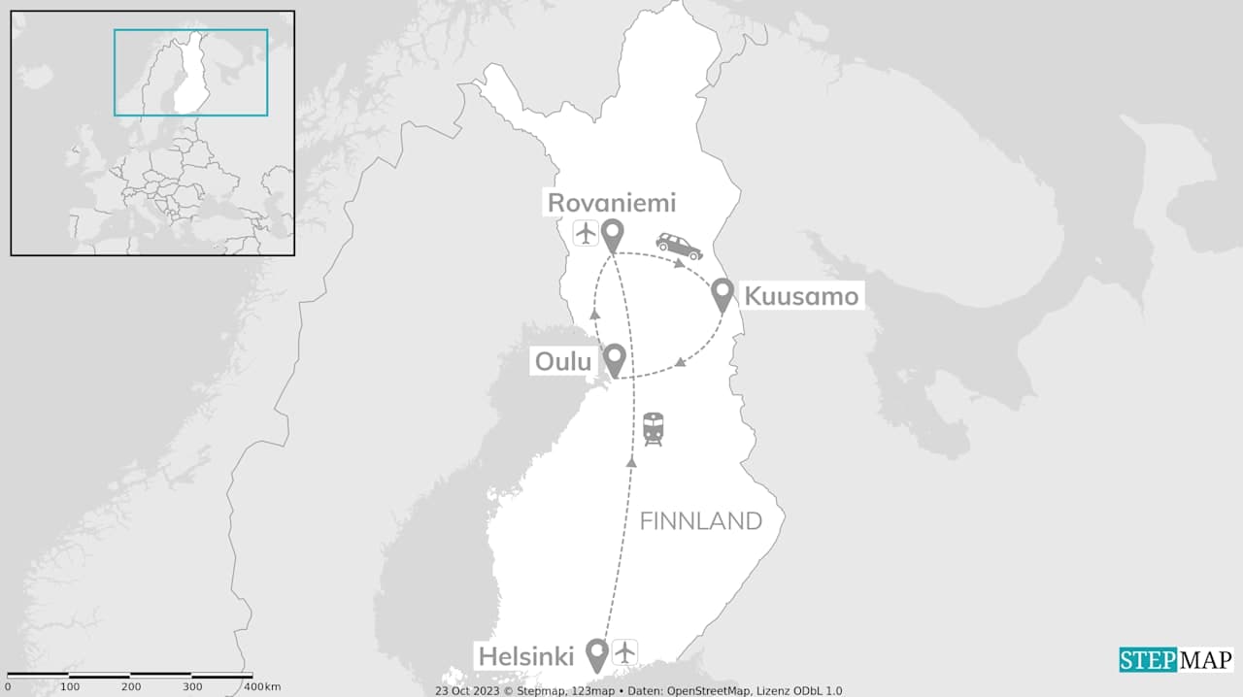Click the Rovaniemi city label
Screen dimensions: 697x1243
coord(611,203)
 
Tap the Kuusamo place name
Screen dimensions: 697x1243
coord(800,295)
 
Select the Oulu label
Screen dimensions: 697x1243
coord(563,362)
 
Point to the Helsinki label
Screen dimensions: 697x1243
coord(525,655)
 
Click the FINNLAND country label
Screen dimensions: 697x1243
coord(700,521)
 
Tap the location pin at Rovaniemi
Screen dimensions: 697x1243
coord(612,234)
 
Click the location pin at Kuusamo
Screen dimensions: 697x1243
coord(722,293)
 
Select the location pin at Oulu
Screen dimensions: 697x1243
coord(614,358)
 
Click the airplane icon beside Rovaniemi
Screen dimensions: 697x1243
coord(586,233)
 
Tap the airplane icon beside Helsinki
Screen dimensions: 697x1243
coord(624,651)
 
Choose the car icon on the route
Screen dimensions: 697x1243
coord(679,245)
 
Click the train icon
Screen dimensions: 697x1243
coord(653,428)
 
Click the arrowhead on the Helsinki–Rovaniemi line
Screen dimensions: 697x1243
coord(631,462)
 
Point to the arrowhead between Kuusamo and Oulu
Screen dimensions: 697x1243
coord(681,363)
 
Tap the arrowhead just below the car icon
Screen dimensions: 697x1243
coord(681,262)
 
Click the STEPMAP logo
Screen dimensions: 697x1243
coord(1176,660)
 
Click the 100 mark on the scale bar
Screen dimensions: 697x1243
coord(70,687)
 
